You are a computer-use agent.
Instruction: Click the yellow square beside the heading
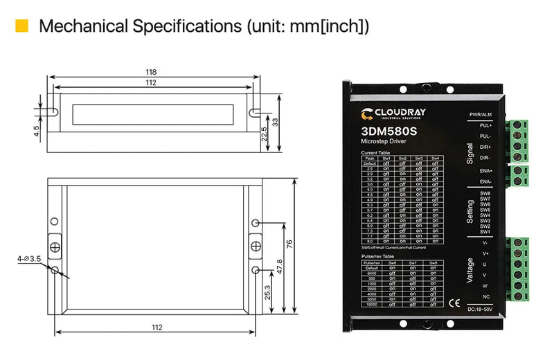click(22, 26)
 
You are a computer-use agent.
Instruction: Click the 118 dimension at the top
click(151, 72)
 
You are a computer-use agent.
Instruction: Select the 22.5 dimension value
click(264, 132)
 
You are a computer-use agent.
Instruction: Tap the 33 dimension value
click(275, 121)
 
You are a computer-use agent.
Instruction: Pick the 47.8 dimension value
click(279, 265)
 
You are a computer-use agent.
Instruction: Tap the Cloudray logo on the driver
click(394, 113)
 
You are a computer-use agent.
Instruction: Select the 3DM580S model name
click(388, 130)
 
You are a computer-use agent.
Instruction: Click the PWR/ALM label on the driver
click(481, 114)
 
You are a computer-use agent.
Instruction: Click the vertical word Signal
click(470, 152)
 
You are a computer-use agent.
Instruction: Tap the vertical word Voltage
click(470, 270)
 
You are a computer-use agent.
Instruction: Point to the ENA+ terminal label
click(485, 170)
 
